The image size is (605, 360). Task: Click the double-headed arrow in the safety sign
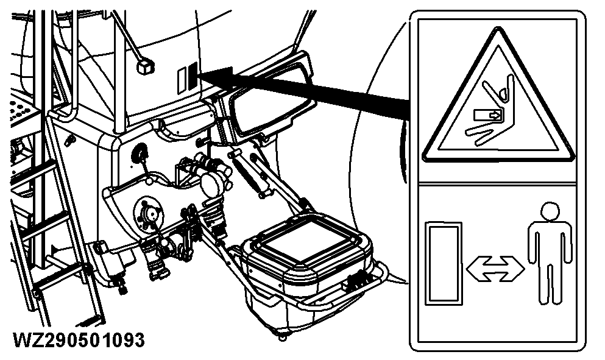494,267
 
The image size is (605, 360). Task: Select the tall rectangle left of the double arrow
444,263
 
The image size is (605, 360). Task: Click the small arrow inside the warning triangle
489,114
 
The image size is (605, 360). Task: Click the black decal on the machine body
191,74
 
